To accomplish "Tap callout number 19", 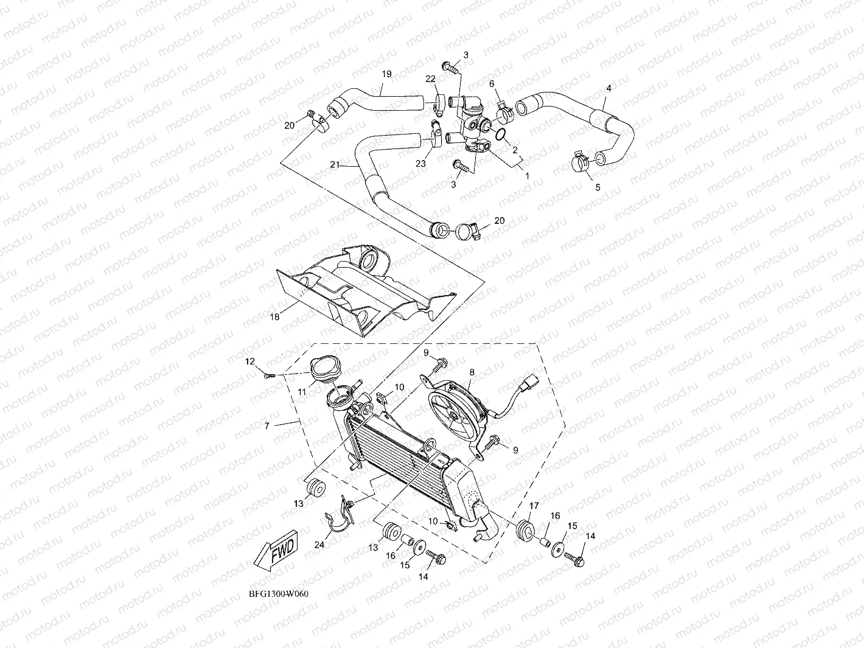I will click(x=386, y=74).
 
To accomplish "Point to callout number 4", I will click(x=608, y=88).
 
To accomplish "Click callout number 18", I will click(x=274, y=316).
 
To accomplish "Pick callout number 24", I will click(x=319, y=545).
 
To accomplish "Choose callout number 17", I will click(x=534, y=505).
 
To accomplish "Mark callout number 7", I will click(x=267, y=426).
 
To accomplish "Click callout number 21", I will click(x=334, y=165).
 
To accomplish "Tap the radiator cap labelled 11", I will click(x=322, y=369).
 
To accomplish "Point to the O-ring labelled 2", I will click(x=500, y=135).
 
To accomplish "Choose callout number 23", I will click(x=420, y=164).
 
